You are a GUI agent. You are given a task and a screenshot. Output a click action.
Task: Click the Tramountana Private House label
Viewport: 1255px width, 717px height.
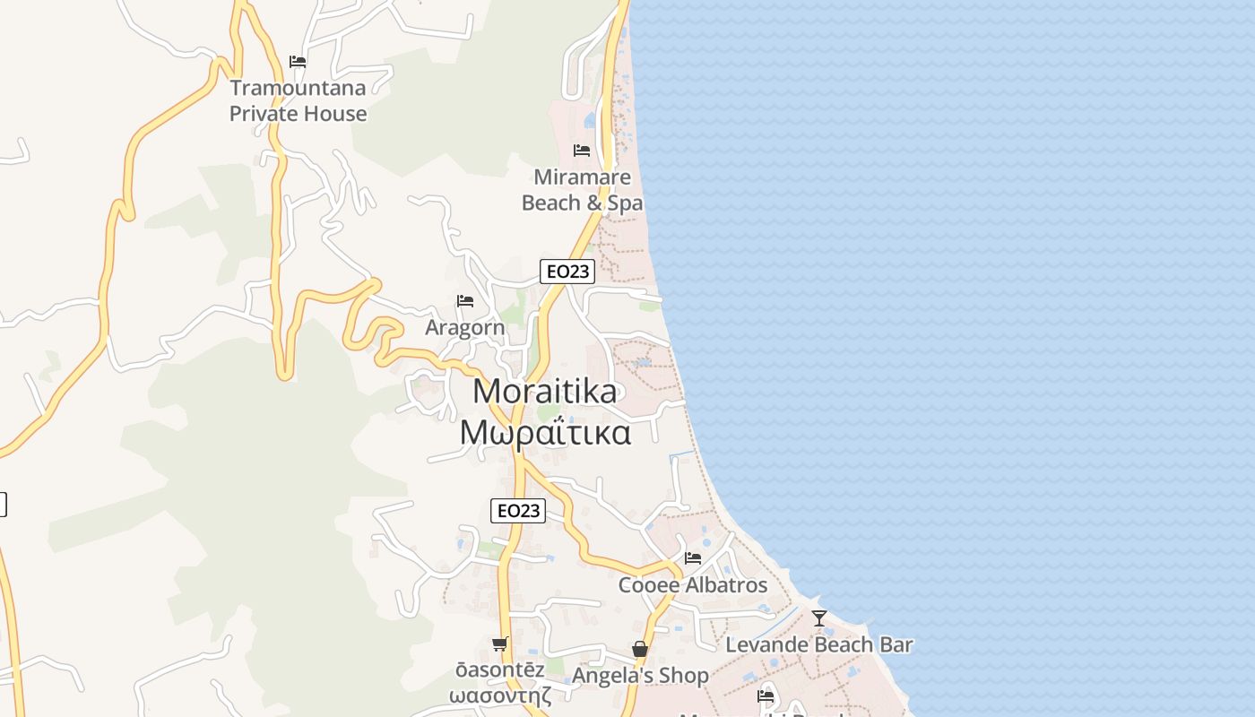click(x=298, y=100)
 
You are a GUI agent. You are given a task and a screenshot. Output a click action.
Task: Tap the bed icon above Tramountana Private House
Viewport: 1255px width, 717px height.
click(x=298, y=62)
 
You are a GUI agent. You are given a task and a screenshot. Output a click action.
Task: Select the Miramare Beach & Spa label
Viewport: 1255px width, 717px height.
click(x=582, y=190)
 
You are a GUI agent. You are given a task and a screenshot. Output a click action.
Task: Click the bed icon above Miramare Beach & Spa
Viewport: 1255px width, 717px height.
click(x=582, y=150)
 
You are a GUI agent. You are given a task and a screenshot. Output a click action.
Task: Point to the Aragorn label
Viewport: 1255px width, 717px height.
click(x=464, y=328)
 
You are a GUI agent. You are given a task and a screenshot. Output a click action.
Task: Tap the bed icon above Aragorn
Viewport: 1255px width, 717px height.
click(x=464, y=301)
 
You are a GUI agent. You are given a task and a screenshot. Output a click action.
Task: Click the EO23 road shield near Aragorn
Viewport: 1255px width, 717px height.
click(x=567, y=272)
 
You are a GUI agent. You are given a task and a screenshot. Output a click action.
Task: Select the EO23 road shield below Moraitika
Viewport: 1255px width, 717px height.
click(x=518, y=511)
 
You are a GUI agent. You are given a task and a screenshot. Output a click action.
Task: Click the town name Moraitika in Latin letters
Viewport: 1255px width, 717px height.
click(x=545, y=392)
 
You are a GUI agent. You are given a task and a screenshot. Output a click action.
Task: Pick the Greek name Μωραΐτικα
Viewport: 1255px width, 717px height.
click(x=545, y=433)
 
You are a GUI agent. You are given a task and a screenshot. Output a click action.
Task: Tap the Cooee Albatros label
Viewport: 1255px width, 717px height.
click(x=693, y=585)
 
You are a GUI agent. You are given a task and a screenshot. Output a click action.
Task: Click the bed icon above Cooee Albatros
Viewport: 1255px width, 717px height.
click(x=693, y=558)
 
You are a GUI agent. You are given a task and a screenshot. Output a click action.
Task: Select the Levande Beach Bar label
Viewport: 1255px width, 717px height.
click(x=819, y=644)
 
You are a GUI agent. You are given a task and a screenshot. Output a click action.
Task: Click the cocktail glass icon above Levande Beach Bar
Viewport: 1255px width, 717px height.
click(x=819, y=618)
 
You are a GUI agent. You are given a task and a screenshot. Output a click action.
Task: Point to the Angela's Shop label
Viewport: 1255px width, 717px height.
click(x=640, y=676)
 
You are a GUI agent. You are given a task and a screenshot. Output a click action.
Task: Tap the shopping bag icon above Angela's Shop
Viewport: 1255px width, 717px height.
click(x=640, y=649)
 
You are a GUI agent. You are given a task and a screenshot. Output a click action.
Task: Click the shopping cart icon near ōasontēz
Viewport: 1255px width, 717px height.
click(x=499, y=644)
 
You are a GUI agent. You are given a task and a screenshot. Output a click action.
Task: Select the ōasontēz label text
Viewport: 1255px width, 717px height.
click(x=499, y=670)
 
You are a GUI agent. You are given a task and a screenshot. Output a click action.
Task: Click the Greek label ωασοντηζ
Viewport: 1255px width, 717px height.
click(x=499, y=695)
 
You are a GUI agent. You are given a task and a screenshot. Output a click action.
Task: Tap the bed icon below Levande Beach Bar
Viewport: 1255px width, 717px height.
click(x=766, y=695)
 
